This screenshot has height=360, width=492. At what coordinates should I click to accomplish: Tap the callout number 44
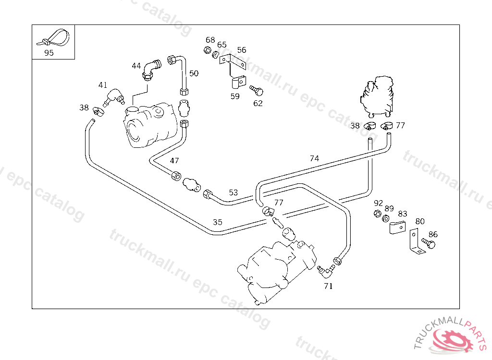(136, 66)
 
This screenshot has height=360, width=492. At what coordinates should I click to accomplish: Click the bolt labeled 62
(257, 90)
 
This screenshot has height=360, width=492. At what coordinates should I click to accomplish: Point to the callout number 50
(194, 73)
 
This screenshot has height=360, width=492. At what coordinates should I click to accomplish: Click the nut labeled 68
(207, 50)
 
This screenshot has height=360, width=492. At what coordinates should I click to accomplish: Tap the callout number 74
(314, 158)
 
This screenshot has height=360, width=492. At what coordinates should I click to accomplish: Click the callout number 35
(218, 222)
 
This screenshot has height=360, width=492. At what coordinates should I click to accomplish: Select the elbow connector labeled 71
(326, 271)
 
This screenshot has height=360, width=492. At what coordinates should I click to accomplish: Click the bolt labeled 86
(429, 243)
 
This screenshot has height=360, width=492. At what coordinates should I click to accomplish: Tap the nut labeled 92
(378, 214)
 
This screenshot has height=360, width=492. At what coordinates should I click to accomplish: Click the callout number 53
(233, 192)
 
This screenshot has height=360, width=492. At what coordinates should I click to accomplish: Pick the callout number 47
(174, 160)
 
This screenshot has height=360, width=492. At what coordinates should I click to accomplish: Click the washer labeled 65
(215, 55)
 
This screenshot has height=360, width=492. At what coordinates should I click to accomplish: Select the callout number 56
(242, 50)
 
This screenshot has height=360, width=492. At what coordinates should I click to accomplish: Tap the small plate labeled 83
(397, 228)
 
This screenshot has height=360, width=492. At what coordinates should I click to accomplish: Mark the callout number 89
(389, 208)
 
